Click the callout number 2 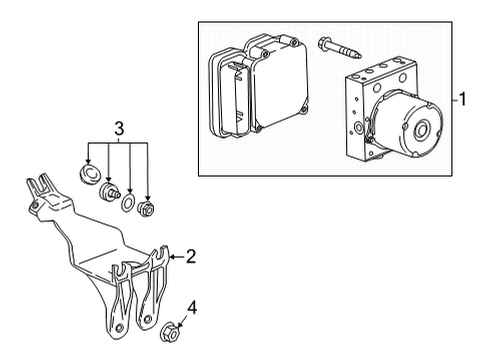click(190, 257)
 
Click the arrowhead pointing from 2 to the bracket click(172, 258)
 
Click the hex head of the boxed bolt click(326, 43)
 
